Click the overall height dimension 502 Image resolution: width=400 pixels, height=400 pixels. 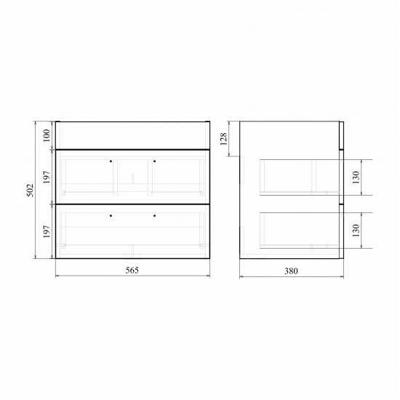click(31, 190)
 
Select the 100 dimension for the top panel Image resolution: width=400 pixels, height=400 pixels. click(47, 136)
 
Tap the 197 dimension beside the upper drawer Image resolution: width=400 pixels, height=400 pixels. click(47, 177)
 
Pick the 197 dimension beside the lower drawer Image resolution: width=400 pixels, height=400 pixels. click(47, 231)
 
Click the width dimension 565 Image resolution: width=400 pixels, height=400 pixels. click(132, 270)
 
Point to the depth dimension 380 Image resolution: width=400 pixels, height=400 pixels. click(291, 271)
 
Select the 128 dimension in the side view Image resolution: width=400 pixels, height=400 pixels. click(223, 139)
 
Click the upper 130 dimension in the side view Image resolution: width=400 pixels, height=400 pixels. click(356, 177)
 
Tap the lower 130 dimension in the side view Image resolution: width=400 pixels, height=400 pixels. click(356, 231)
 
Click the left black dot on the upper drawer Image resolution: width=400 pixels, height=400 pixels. click(111, 161)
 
